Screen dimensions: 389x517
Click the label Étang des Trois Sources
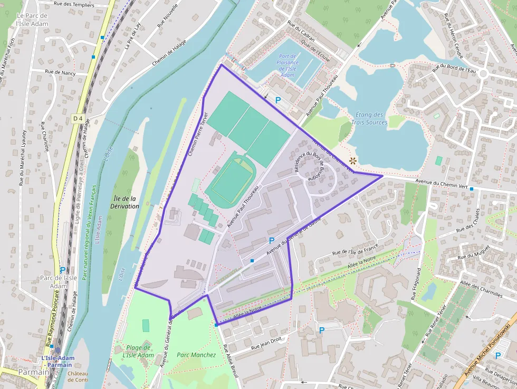click(x=369, y=118)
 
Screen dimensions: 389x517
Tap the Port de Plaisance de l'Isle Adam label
click(x=288, y=66)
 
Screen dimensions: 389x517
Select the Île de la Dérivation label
click(x=126, y=202)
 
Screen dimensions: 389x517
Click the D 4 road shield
click(x=78, y=119)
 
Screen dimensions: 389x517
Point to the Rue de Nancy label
click(x=60, y=72)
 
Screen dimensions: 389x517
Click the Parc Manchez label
click(x=196, y=355)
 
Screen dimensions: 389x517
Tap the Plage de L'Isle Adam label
click(x=138, y=351)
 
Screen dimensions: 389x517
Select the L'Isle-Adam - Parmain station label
click(x=57, y=361)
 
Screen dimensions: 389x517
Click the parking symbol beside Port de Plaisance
click(x=277, y=100)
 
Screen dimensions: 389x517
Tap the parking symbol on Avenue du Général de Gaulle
click(x=272, y=241)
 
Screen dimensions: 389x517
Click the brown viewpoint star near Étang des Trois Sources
click(x=352, y=160)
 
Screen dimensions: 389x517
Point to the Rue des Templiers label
click(x=74, y=5)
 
